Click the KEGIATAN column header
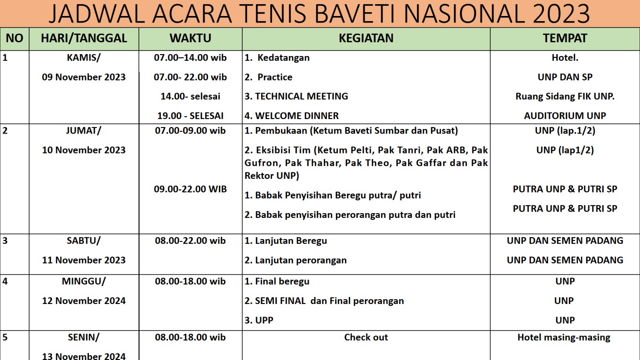[366, 39]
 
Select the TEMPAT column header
[565, 39]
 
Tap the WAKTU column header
[190, 39]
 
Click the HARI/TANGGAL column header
[84, 39]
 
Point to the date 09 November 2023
[84, 77]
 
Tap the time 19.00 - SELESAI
[190, 116]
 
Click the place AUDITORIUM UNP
[565, 116]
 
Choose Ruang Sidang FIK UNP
[565, 96]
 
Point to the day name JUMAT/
[84, 131]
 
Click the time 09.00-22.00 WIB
[190, 189]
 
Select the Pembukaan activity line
[351, 131]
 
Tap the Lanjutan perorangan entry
[296, 260]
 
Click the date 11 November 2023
[84, 260]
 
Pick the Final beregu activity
[277, 281]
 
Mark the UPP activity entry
[259, 320]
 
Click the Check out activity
[366, 337]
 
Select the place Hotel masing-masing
[564, 337]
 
